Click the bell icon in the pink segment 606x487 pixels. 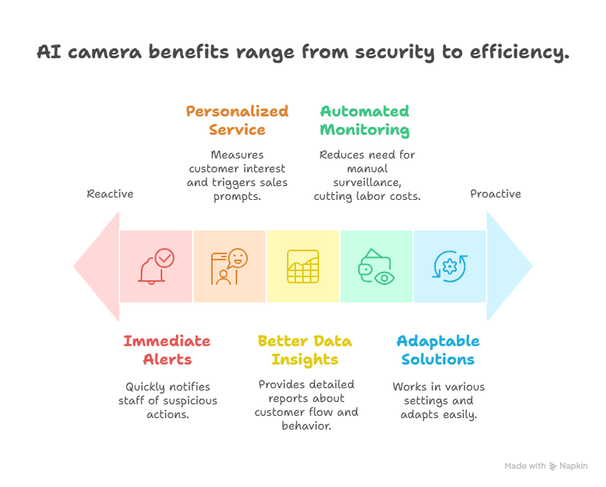click(x=156, y=266)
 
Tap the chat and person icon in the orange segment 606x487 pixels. click(x=230, y=266)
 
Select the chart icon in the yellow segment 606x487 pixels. click(x=303, y=266)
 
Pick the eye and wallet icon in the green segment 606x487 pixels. click(x=376, y=266)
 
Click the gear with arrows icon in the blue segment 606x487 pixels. click(x=450, y=266)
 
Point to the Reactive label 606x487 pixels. click(x=110, y=194)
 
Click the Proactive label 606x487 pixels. click(x=495, y=194)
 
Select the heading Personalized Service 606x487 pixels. click(x=237, y=120)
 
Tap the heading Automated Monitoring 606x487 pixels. click(x=364, y=120)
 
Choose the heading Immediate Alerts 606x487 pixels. click(x=167, y=350)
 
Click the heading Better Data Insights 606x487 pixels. click(x=305, y=350)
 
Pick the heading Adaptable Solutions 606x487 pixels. click(x=438, y=350)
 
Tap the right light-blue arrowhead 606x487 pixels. click(x=508, y=266)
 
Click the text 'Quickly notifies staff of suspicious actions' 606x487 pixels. click(x=167, y=400)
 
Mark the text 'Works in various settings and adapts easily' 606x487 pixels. click(x=438, y=400)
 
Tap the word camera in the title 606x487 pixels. click(x=99, y=53)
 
